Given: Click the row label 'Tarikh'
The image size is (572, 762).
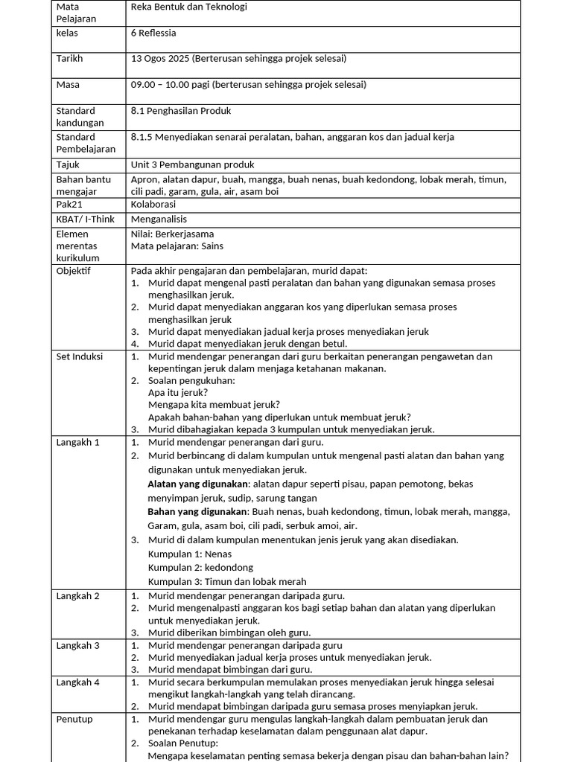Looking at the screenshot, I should point(69,59).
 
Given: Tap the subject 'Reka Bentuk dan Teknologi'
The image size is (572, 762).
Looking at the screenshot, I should point(188,7).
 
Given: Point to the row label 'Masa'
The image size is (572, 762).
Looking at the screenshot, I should point(68,85).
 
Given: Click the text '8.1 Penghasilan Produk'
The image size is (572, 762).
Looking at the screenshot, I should point(181,111).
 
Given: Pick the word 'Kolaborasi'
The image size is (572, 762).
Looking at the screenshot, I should point(153,205).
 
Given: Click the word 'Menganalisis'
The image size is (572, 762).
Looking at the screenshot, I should point(159,220).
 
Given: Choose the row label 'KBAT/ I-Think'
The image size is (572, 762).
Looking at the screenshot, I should point(86,220).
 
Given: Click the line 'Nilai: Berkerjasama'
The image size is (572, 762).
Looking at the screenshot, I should point(172,234).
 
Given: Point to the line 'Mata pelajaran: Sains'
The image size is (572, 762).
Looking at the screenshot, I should point(177,246).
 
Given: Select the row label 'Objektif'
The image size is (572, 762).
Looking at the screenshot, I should point(73,271).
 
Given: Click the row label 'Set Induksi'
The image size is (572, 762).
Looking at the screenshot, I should point(80,356).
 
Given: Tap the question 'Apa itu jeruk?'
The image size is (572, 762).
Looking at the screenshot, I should point(178,392).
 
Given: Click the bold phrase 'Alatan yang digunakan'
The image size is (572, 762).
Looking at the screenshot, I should point(197,484).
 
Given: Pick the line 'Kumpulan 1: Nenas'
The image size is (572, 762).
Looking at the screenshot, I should point(190,554).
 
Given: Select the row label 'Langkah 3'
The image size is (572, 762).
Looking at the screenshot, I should point(77,645).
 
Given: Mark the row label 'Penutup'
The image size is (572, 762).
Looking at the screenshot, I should point(74,719).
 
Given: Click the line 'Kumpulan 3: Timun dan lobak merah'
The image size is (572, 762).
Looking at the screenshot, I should point(227,581).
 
